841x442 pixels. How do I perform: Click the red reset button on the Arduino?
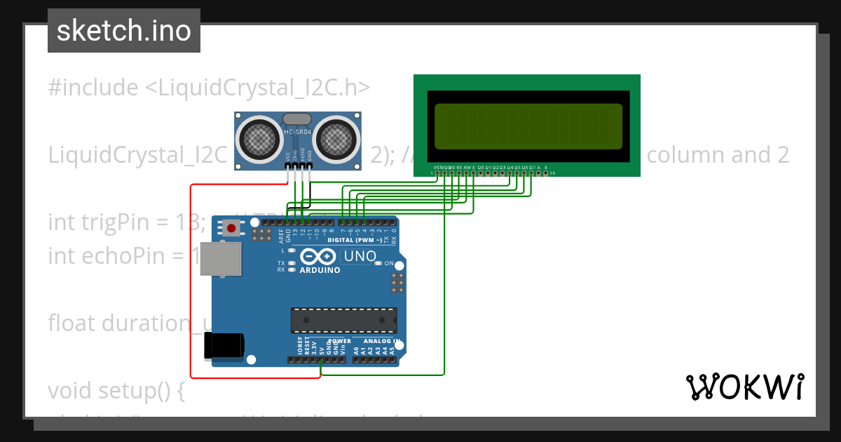click(231, 227)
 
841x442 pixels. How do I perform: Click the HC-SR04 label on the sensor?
click(297, 132)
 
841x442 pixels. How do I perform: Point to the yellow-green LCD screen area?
click(528, 126)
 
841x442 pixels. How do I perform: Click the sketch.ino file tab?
click(124, 31)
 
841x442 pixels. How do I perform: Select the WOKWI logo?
click(744, 387)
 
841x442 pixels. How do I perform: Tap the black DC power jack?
click(224, 345)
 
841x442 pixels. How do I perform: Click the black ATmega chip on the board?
click(343, 319)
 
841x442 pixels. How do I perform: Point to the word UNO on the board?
click(360, 257)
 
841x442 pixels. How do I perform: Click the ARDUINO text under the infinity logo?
click(320, 270)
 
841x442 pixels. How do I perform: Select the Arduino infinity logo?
click(320, 257)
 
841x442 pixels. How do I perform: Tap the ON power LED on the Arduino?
click(378, 263)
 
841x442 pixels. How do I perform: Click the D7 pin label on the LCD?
click(532, 168)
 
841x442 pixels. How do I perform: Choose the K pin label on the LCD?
click(546, 168)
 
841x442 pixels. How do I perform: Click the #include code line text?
click(209, 88)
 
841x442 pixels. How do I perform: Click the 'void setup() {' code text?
click(116, 390)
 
